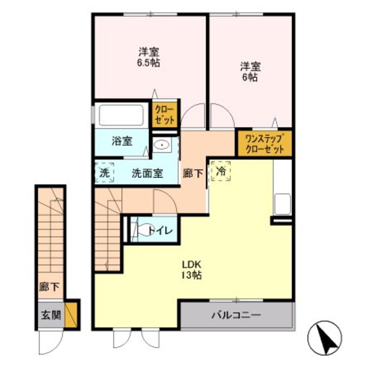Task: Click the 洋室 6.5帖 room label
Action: [150, 57]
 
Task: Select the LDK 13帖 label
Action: [192, 270]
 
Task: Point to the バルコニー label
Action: [237, 316]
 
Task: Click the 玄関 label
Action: [51, 316]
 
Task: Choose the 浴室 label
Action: [122, 141]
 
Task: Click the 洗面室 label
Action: [147, 173]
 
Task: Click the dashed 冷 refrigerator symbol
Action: [221, 171]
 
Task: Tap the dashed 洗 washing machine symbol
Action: [105, 173]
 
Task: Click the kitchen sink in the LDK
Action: [283, 204]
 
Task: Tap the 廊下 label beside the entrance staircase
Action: [49, 287]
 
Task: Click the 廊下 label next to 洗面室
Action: [193, 173]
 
